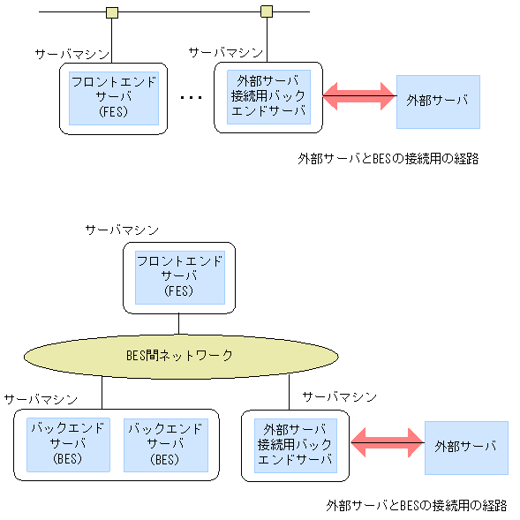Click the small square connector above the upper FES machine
(112, 12)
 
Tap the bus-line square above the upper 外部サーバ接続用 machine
(267, 12)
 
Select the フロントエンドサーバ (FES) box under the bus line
(114, 98)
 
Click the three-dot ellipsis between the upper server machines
(190, 98)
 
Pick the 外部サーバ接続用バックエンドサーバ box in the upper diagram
(268, 97)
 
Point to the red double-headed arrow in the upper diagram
(358, 96)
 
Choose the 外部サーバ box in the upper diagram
(438, 101)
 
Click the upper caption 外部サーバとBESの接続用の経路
(388, 159)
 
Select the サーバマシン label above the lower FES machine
(122, 230)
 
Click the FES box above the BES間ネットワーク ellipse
(179, 276)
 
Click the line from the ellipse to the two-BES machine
(102, 392)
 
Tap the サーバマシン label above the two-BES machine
(41, 399)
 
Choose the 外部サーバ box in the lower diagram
(466, 448)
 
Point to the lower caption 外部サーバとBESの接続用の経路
(417, 506)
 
